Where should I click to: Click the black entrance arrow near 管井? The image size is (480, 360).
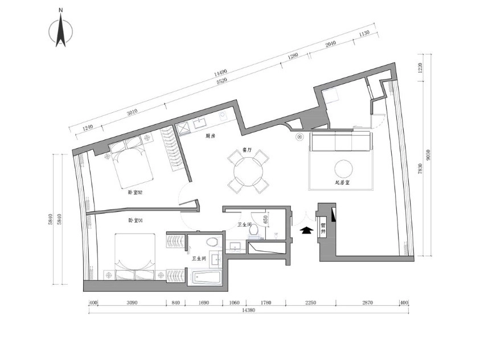pyautogui.click(x=306, y=230)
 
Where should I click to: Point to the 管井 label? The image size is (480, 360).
pyautogui.click(x=323, y=229)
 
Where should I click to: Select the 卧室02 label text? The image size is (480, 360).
pyautogui.click(x=135, y=193)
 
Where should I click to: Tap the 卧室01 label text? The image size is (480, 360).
pyautogui.click(x=135, y=220)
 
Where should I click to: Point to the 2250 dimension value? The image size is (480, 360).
pyautogui.click(x=310, y=302)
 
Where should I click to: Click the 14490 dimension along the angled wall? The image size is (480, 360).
pyautogui.click(x=221, y=73)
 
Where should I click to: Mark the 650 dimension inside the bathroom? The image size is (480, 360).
pyautogui.click(x=265, y=219)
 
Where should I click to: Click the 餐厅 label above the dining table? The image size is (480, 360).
pyautogui.click(x=247, y=150)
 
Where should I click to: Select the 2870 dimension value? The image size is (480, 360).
pyautogui.click(x=367, y=302)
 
